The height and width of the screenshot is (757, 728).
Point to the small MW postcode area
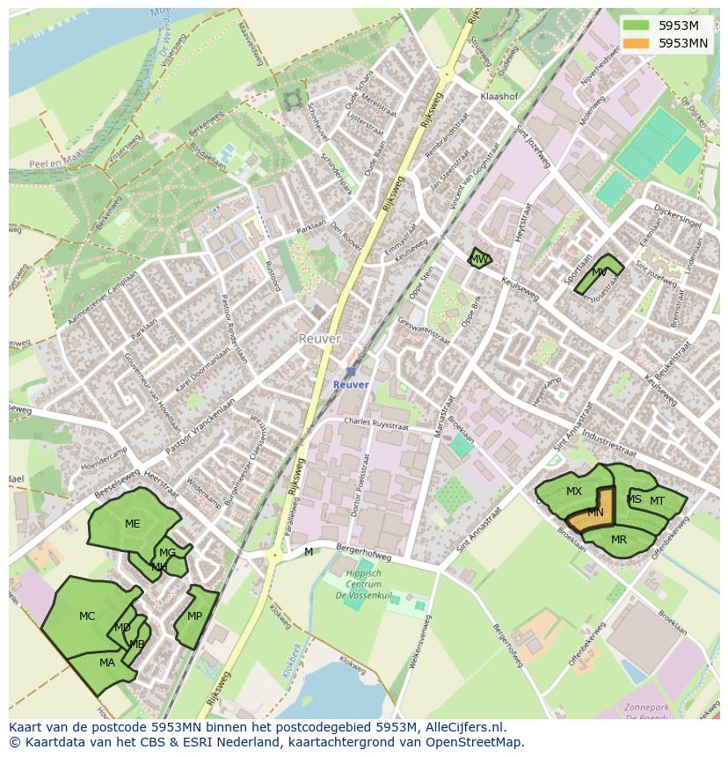click(478, 258)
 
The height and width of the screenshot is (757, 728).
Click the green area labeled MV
click(600, 273)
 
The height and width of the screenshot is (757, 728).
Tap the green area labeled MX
click(573, 491)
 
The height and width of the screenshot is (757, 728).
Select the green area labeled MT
click(658, 500)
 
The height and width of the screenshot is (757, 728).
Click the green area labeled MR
click(619, 540)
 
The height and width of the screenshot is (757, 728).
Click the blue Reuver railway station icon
click(351, 372)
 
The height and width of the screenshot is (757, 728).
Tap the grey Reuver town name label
click(318, 338)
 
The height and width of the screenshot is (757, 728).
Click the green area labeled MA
click(106, 663)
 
